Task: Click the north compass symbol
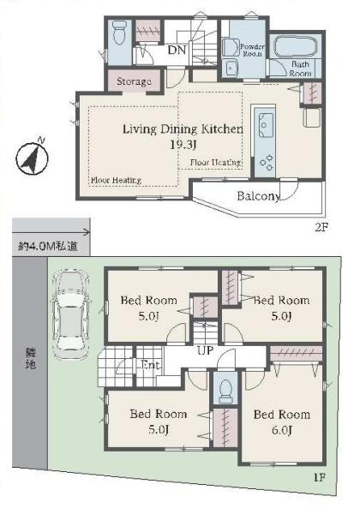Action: tap(32, 158)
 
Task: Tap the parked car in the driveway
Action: tap(69, 314)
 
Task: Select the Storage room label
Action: tap(134, 81)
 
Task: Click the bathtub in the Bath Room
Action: tap(295, 46)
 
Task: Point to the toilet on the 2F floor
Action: tap(119, 33)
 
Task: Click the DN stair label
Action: tap(177, 50)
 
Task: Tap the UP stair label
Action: tap(205, 350)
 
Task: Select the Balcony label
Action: tap(259, 196)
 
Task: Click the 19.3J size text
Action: tap(183, 144)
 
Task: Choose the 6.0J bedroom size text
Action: tap(282, 430)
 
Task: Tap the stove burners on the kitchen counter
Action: tap(267, 162)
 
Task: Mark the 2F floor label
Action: tap(321, 227)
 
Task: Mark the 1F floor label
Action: tap(320, 477)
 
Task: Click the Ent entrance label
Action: tap(150, 365)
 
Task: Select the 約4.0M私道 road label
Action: tap(48, 246)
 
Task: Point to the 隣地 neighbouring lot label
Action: tap(31, 358)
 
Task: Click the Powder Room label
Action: tap(252, 51)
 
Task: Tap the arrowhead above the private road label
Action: tap(87, 232)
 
